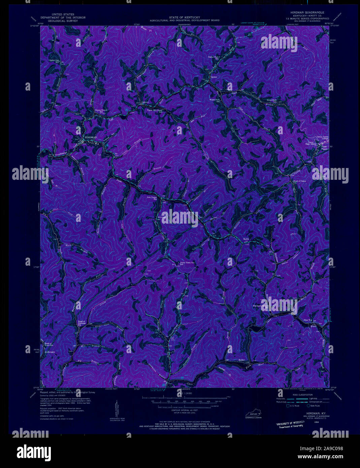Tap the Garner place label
[x=214, y=77]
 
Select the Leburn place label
[x=145, y=102]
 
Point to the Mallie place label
[x=246, y=239]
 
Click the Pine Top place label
[x=308, y=320]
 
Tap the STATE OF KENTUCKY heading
[x=185, y=17]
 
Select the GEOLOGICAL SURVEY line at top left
[x=63, y=21]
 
